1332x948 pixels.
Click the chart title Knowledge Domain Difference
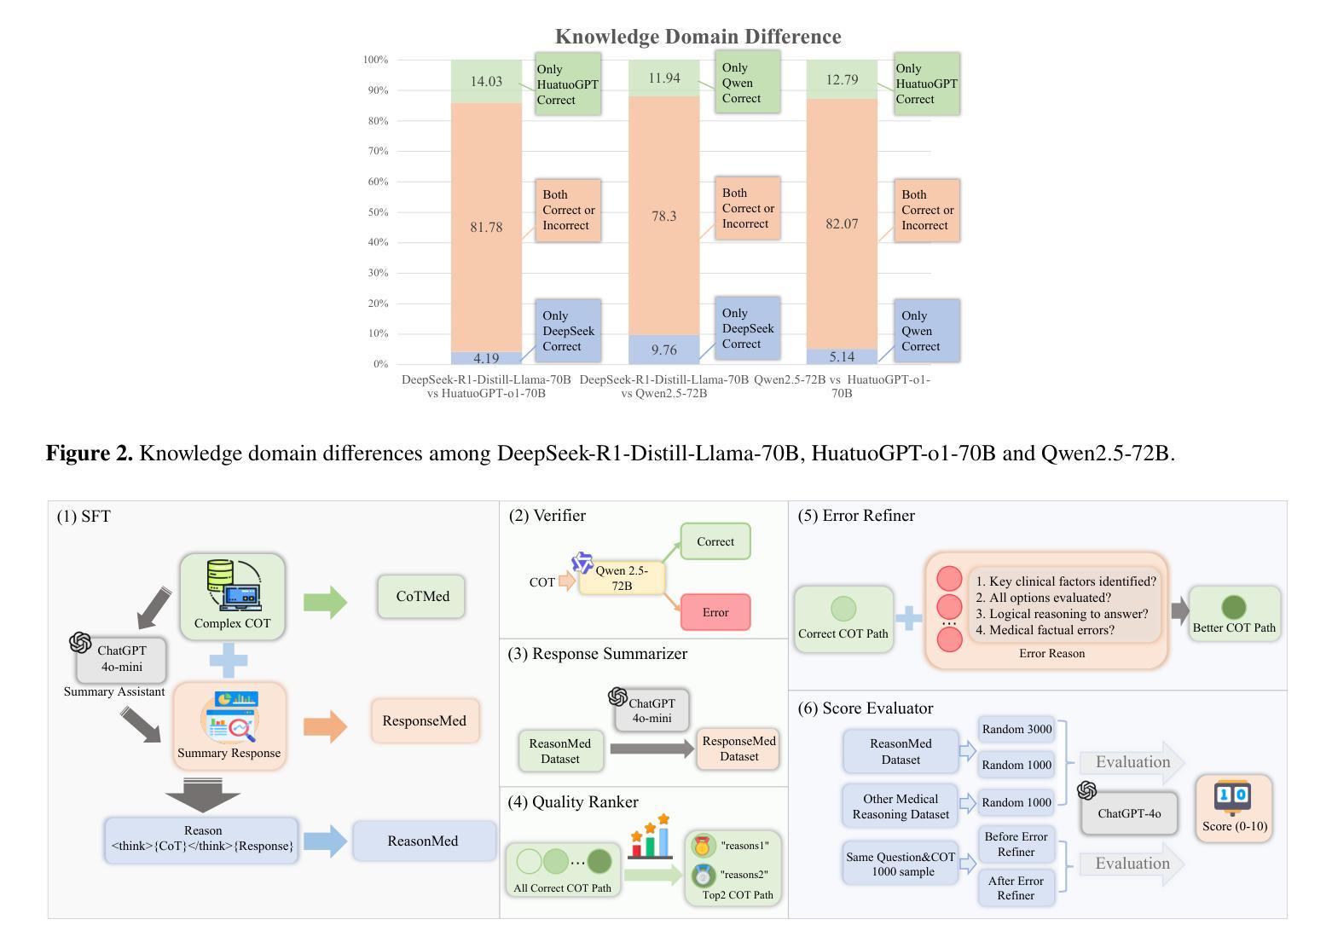tap(698, 37)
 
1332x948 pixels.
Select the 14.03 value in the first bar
tap(486, 82)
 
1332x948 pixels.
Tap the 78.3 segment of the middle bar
tap(663, 217)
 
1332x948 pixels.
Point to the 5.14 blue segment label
tap(842, 356)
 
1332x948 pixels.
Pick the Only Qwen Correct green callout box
tap(747, 83)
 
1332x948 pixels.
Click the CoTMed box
tap(422, 597)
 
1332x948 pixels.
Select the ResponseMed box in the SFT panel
tap(424, 721)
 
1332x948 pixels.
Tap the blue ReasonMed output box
tap(423, 841)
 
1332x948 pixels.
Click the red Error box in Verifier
tap(715, 612)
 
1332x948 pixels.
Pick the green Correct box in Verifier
tap(715, 542)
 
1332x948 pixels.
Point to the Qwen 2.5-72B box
tap(622, 578)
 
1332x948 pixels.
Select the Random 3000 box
tap(1016, 730)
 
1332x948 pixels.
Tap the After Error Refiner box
tap(1016, 887)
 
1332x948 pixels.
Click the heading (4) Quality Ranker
tap(573, 802)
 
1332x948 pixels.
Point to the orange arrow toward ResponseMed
tap(325, 726)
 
